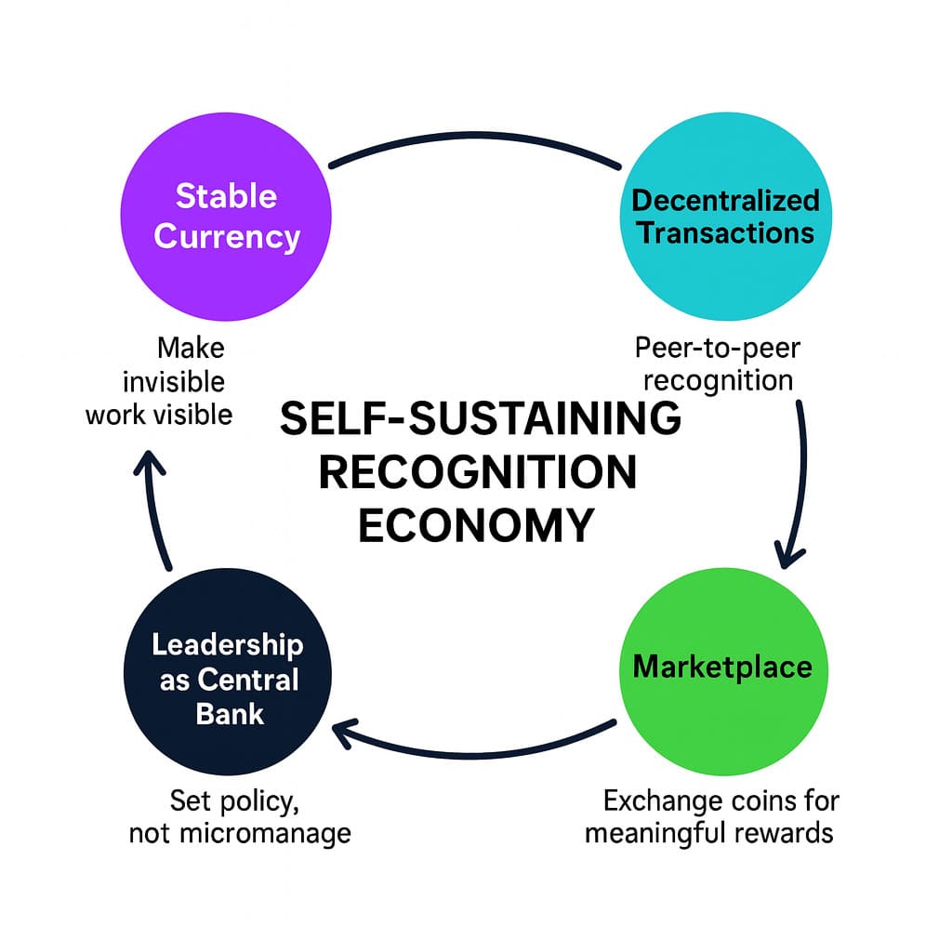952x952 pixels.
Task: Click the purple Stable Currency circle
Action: click(x=227, y=216)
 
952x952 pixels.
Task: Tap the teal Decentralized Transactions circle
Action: click(x=725, y=216)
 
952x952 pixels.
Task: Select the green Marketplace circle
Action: click(x=722, y=666)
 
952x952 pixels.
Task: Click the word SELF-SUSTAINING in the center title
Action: click(x=480, y=420)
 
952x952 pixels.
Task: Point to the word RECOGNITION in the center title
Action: click(x=478, y=472)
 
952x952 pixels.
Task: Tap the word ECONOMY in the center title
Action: click(x=475, y=525)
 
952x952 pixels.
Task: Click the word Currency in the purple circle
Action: click(x=227, y=236)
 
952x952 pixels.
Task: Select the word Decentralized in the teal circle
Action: click(x=725, y=199)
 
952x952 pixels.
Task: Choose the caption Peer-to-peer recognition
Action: click(x=717, y=364)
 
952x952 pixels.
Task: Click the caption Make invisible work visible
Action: click(x=160, y=381)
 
